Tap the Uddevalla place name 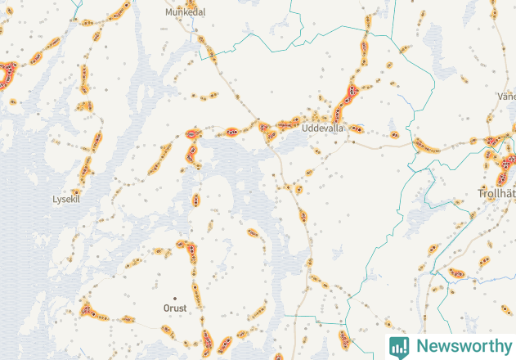click(323, 128)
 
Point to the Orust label click(174, 308)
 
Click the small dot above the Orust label click(173, 297)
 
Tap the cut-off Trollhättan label click(496, 194)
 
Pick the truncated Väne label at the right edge click(506, 96)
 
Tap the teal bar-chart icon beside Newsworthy click(399, 346)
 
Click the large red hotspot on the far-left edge click(7, 76)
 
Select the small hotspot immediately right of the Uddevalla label click(357, 128)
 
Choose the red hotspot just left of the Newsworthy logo click(345, 339)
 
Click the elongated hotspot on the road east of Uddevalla click(426, 147)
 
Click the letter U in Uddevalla click(306, 128)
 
